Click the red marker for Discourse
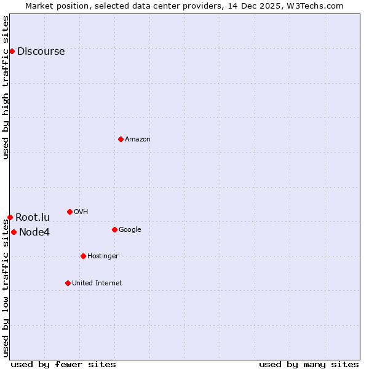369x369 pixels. [x=12, y=51]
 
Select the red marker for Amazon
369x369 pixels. [x=121, y=139]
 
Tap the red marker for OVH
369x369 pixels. [x=69, y=212]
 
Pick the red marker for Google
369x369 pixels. [x=114, y=229]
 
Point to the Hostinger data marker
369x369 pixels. [x=83, y=256]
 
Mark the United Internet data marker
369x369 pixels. [x=68, y=283]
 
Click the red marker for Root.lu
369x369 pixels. [x=10, y=217]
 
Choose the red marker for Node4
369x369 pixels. [x=14, y=232]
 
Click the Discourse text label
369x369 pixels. [x=41, y=52]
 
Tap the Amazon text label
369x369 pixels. [x=138, y=140]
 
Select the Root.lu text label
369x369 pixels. [x=33, y=217]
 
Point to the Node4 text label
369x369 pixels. [x=34, y=232]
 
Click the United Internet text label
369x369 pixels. [x=97, y=283]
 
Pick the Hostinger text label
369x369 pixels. [x=103, y=256]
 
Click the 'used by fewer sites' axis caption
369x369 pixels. [x=63, y=364]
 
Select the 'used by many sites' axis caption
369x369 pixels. [x=309, y=364]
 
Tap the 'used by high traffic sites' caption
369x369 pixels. [x=6, y=87]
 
